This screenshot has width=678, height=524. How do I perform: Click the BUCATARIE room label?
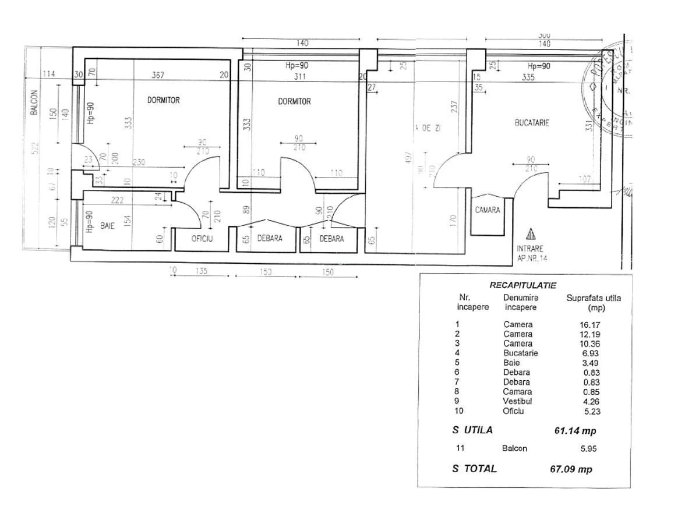[x=532, y=123]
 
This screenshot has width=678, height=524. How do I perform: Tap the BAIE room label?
[x=107, y=225]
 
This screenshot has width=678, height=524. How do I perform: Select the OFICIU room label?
[x=202, y=238]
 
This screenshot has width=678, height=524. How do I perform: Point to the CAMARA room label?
[x=487, y=210]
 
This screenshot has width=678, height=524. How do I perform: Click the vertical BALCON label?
[x=34, y=101]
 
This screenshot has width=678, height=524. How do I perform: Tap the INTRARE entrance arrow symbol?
[x=530, y=235]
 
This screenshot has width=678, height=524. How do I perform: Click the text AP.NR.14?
[x=532, y=257]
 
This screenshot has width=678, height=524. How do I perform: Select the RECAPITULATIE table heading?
[x=522, y=285]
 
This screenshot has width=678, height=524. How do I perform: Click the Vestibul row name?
[x=518, y=401]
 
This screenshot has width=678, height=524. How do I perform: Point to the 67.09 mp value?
[x=571, y=469]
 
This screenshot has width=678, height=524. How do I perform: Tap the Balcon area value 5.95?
[x=588, y=448]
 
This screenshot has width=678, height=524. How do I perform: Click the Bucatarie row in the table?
[x=520, y=353]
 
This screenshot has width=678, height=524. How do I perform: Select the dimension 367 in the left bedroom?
[x=158, y=75]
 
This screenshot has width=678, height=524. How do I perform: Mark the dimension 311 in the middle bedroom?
[x=300, y=76]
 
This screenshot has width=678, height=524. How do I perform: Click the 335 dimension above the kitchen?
[x=528, y=76]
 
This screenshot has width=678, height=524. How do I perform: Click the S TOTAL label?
[x=474, y=468]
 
